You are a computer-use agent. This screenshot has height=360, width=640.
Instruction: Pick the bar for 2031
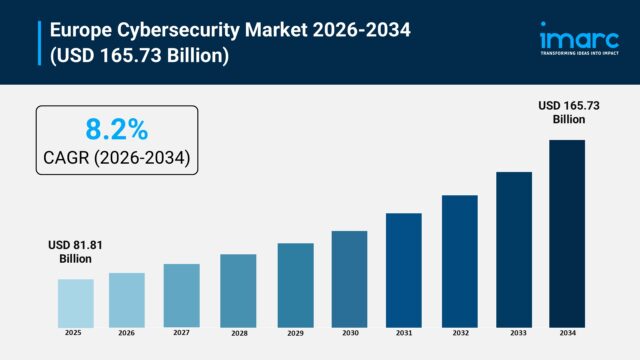point(403,269)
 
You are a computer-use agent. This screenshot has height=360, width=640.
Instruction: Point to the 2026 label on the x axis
point(127,333)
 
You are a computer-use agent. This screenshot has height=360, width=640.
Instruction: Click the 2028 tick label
point(238,333)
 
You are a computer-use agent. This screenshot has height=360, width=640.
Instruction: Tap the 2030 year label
point(349,333)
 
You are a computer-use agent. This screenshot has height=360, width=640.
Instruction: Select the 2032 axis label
point(459,333)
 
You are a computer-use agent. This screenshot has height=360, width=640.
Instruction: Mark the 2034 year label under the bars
point(567,333)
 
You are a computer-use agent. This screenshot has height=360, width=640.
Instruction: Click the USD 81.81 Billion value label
point(75,251)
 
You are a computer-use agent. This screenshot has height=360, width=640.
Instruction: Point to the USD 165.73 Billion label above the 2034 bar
point(567,112)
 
